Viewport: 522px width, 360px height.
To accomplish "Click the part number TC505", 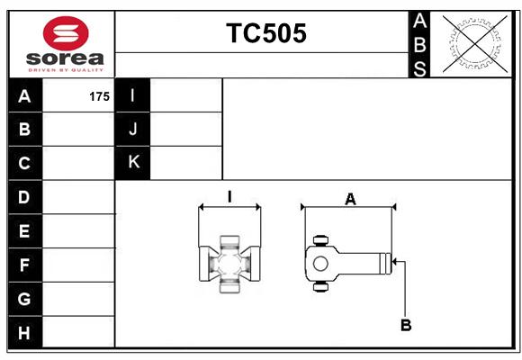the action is [266, 33].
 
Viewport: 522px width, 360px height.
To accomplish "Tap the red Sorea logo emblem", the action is [66, 33].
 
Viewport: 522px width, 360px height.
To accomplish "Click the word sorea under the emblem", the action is [65, 58].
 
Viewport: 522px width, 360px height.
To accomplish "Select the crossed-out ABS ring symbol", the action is [475, 43].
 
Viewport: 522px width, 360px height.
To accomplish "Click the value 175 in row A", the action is [99, 96].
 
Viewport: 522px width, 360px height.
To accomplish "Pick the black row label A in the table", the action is [25, 95].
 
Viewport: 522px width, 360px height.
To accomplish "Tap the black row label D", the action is [25, 197].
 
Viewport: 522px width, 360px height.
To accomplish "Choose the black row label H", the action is [25, 332].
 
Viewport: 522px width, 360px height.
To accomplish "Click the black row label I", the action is [132, 95].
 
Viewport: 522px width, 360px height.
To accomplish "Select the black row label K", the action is [132, 163].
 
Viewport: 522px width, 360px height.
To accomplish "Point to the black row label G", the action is [25, 299].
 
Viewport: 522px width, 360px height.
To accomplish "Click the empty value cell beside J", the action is [185, 130].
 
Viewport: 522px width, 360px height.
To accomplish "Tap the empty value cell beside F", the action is [78, 265].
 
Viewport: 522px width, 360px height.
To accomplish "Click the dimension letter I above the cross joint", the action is [229, 197].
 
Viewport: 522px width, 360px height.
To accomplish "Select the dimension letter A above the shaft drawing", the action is [350, 200].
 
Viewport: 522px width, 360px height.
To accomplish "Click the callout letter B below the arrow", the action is [406, 325].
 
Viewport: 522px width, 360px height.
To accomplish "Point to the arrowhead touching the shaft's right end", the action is [394, 261].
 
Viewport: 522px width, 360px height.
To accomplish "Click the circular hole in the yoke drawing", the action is [320, 264].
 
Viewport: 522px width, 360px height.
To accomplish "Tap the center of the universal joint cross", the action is [229, 264].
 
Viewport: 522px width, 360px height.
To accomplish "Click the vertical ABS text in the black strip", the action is [419, 45].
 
